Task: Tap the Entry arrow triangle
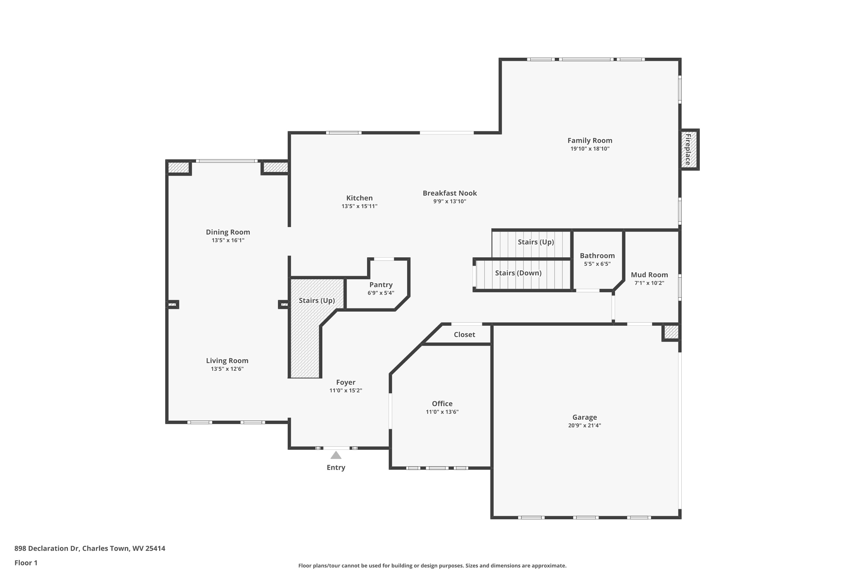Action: coord(336,456)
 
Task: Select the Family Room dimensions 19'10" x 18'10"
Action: coord(590,149)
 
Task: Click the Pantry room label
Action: coord(381,284)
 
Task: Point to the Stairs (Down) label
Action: coord(518,273)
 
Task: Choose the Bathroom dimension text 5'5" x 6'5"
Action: coord(597,264)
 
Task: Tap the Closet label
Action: coord(464,334)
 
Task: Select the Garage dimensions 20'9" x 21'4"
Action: coord(584,425)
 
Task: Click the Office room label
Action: coord(442,403)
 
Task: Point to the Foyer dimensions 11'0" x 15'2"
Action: coord(345,390)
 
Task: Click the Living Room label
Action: coord(227,361)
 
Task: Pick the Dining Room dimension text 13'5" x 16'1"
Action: coord(228,240)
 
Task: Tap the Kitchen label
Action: coord(359,198)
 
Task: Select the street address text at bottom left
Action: coord(90,548)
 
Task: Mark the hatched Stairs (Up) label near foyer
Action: coord(316,300)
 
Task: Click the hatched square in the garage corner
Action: coord(671,332)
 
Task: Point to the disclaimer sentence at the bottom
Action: coord(432,565)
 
